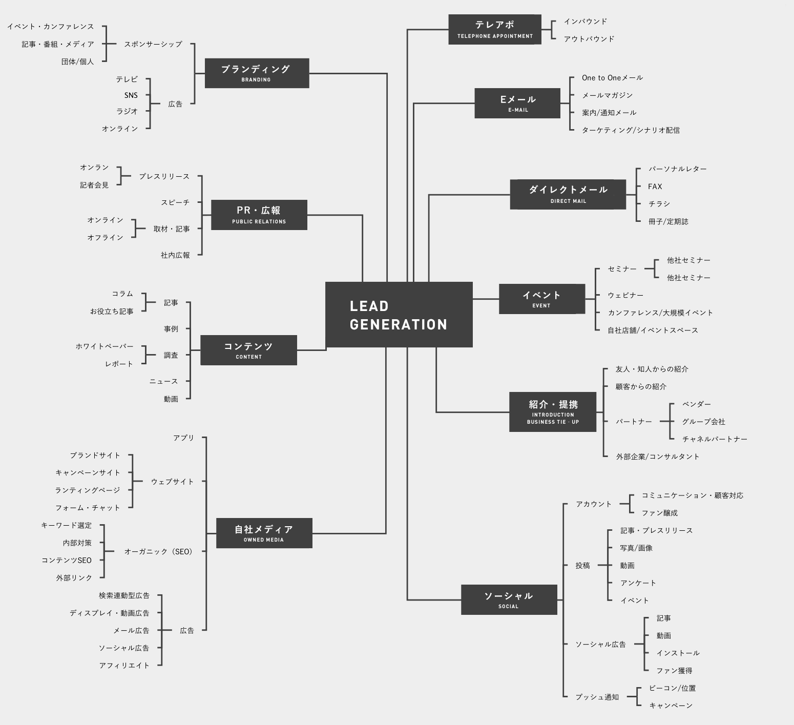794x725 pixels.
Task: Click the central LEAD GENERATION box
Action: [x=399, y=315]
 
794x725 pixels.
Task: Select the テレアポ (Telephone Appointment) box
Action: [x=495, y=29]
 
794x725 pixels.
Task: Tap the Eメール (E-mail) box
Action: [x=517, y=103]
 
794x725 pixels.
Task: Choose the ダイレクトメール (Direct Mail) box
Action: [x=568, y=194]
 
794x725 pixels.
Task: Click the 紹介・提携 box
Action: [x=553, y=412]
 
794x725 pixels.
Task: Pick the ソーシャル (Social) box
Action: [x=509, y=599]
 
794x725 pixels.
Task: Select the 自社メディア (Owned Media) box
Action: [x=264, y=533]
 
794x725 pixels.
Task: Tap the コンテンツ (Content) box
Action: [x=248, y=350]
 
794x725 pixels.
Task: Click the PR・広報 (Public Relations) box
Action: [x=259, y=215]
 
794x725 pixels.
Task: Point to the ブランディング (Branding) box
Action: [x=257, y=73]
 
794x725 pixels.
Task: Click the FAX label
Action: [x=655, y=187]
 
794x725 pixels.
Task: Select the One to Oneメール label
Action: [x=612, y=78]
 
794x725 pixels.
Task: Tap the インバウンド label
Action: [x=586, y=22]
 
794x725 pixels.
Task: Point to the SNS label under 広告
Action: [x=131, y=95]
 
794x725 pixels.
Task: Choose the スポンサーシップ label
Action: [x=153, y=44]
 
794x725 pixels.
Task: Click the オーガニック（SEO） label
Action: [x=158, y=552]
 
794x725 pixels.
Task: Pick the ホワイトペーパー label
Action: [x=105, y=346]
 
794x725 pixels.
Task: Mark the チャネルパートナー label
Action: [x=715, y=439]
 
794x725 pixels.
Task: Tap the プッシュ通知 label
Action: [x=597, y=697]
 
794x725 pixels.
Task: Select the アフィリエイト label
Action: [x=124, y=666]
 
